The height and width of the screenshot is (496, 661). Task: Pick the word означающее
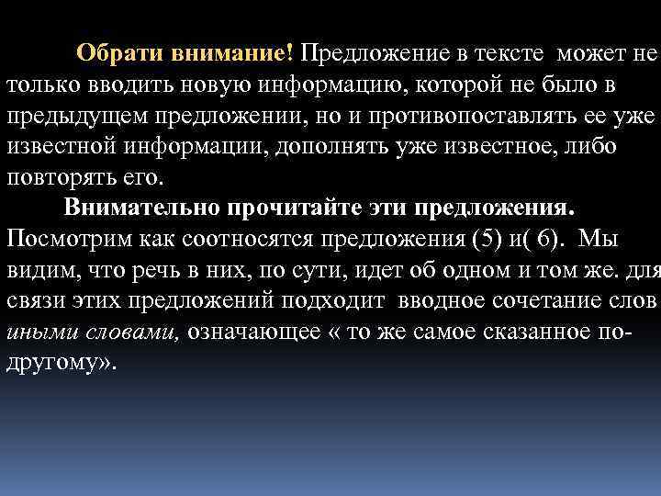pyautogui.click(x=252, y=332)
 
